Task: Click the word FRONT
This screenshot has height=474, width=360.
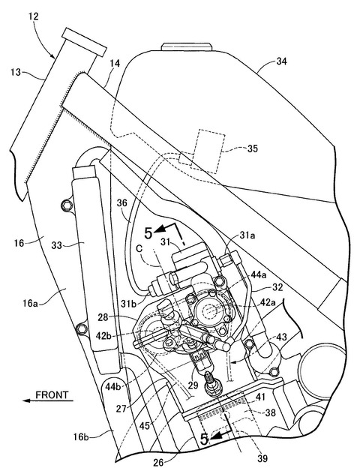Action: (52, 394)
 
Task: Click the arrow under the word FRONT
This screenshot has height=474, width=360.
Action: (48, 400)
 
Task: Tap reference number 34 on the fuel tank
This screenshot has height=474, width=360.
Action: (281, 62)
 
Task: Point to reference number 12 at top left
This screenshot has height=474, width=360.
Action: (34, 16)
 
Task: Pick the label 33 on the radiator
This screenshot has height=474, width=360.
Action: (57, 245)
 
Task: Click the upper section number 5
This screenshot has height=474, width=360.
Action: (148, 234)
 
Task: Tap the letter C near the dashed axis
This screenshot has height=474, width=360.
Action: (139, 249)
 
